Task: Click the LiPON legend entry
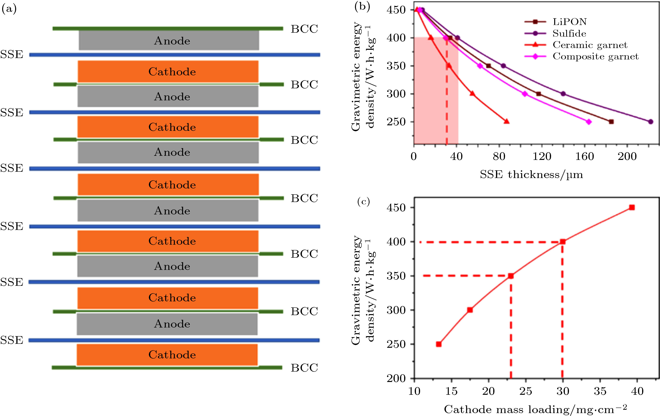[570, 22]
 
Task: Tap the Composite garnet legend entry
[595, 56]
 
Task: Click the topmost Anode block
[169, 40]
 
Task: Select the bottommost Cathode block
[167, 355]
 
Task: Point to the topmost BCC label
[304, 29]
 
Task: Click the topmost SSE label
[12, 54]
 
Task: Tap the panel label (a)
[9, 9]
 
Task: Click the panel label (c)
[363, 202]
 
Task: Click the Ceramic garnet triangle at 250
[507, 121]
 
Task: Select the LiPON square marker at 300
[539, 94]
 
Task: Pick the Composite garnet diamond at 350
[480, 66]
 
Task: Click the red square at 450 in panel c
[632, 208]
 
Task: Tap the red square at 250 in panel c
[439, 344]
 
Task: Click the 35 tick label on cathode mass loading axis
[600, 391]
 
